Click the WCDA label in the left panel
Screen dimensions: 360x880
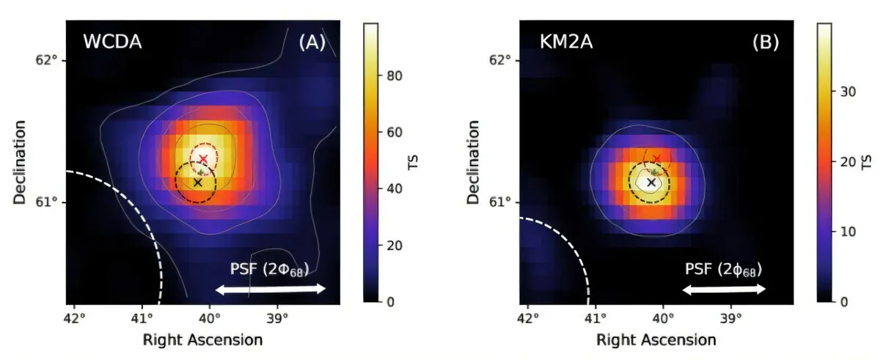tap(112, 43)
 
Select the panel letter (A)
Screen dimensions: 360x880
tap(311, 43)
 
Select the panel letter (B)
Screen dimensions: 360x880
tap(765, 43)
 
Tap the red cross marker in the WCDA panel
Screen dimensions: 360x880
tap(203, 158)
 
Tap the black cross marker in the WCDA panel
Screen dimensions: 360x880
tap(197, 182)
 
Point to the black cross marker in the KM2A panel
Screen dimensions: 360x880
tap(651, 182)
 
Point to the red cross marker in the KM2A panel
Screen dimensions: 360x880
tap(657, 158)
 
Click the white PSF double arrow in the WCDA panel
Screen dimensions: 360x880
tap(270, 290)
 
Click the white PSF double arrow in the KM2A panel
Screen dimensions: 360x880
tap(724, 290)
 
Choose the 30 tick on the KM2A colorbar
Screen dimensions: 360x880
tap(844, 92)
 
